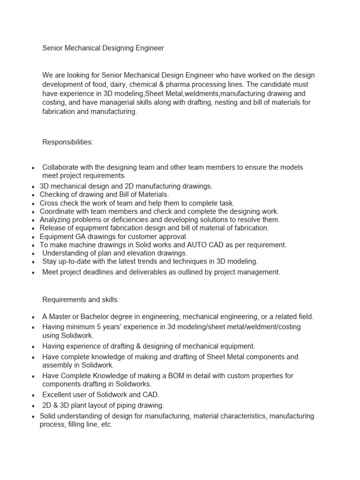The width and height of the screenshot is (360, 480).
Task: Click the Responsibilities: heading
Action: coord(68,142)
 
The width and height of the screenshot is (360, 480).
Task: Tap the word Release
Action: coord(52,228)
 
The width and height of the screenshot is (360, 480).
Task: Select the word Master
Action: coord(60,316)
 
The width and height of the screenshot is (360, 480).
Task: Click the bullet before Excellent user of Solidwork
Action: coord(33,395)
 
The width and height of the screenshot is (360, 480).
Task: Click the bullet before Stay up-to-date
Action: coord(33,262)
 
